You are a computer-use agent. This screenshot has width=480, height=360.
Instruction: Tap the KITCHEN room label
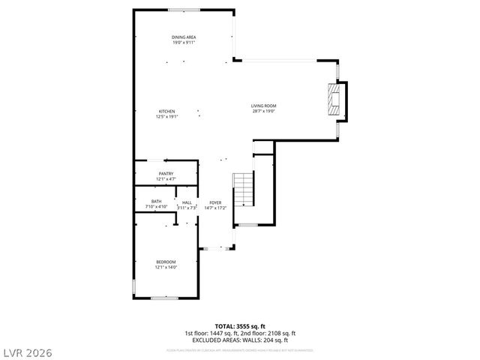166,112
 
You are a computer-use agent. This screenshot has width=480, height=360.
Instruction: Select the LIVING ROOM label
263,106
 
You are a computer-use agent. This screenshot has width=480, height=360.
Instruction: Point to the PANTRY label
166,174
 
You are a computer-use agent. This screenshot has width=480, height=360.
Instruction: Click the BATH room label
156,202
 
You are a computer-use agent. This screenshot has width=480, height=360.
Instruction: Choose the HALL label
187,202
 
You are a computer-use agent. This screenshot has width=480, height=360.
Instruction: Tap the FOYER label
215,202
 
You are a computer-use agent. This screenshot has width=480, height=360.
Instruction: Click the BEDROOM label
166,262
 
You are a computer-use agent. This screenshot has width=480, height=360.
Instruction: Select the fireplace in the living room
335,99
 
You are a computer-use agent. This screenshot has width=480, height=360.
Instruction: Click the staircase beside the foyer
244,190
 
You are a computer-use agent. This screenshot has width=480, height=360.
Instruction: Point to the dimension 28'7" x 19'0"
263,112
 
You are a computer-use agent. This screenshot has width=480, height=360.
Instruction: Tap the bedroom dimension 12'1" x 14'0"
166,268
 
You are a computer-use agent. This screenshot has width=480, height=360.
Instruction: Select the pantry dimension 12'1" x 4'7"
166,180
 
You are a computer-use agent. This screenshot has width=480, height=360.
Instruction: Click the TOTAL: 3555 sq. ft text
240,326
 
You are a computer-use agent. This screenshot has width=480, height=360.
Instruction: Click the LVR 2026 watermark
28,350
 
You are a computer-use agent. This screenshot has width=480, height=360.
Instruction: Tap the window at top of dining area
184,10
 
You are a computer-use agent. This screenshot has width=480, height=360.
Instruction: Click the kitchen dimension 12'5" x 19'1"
166,117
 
